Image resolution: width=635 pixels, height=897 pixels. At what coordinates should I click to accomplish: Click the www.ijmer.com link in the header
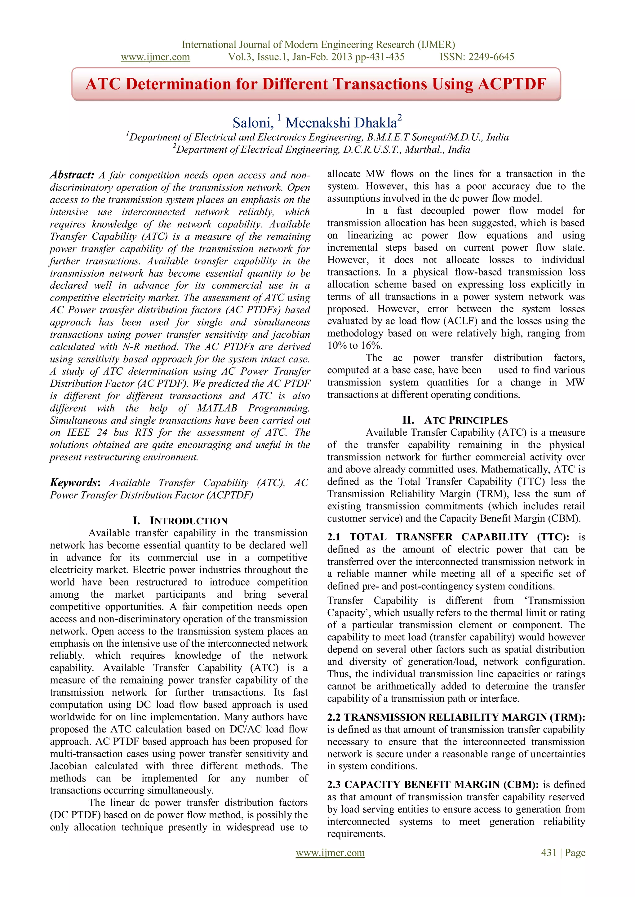coord(155,57)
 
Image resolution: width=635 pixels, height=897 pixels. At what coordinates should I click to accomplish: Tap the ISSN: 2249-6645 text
coord(476,57)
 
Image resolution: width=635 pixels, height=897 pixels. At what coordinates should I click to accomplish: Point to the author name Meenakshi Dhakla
coord(341,123)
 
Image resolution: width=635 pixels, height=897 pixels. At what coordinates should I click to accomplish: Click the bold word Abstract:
coord(72,175)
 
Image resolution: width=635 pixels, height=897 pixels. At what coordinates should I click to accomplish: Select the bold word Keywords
coord(73,482)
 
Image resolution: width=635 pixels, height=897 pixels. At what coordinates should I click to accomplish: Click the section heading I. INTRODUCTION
coord(180,521)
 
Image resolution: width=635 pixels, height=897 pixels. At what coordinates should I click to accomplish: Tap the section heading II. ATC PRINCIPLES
coord(455,420)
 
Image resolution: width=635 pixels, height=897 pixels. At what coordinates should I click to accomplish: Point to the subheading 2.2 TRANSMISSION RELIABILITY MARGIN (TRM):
coord(456,717)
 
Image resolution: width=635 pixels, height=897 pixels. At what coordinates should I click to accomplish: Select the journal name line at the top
coord(318,45)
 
